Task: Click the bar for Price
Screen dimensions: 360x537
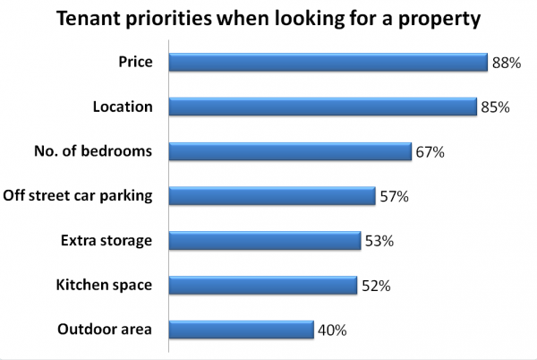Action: coord(328,63)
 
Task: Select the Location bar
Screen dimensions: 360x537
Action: coord(322,107)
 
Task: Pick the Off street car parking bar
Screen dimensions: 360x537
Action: coord(272,196)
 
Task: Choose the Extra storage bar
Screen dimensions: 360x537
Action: coord(265,241)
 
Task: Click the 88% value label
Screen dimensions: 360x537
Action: coord(507,63)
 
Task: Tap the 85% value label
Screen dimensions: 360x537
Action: coord(495,107)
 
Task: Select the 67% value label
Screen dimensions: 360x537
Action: coord(430,152)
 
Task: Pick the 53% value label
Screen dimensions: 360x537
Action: coord(379,242)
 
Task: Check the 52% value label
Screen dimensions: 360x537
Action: coord(375,286)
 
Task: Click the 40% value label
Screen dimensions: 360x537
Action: coord(331,330)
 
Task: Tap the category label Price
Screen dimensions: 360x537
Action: coord(135,63)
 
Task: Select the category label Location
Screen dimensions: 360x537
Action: coord(123,107)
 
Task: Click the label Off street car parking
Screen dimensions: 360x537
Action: coord(79,195)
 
